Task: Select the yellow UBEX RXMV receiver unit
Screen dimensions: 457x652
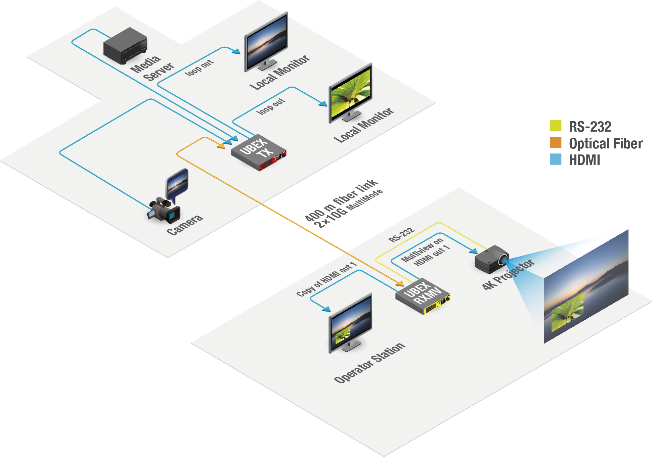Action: (x=423, y=296)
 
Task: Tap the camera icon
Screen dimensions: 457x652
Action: (x=165, y=211)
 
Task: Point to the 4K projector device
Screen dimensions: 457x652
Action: (x=491, y=259)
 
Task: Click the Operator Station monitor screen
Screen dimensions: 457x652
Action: (x=351, y=323)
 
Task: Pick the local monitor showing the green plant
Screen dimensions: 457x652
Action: (x=350, y=92)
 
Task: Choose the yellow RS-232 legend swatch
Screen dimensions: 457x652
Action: (x=556, y=126)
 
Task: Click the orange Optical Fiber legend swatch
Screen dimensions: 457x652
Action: (x=556, y=142)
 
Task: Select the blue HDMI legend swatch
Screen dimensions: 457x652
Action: (x=556, y=159)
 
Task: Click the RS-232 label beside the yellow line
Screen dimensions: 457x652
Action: (x=401, y=235)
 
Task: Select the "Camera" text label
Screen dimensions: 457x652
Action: (x=185, y=225)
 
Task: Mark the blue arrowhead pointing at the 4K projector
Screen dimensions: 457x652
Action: (x=473, y=251)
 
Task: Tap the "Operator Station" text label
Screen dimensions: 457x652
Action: (x=370, y=363)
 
